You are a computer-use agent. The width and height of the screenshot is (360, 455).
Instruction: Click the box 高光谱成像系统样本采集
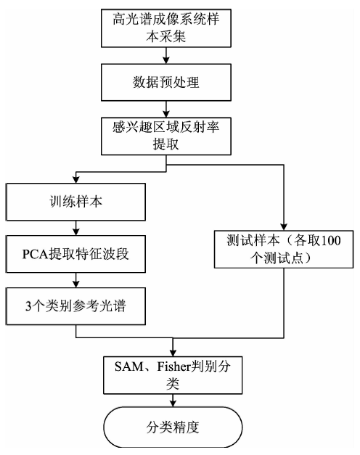166,28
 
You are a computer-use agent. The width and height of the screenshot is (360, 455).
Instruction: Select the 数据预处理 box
166,83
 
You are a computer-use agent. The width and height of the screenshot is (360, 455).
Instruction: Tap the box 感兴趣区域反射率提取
166,136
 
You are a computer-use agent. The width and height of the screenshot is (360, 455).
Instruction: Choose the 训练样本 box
75,202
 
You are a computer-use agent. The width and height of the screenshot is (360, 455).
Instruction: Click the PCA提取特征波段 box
75,254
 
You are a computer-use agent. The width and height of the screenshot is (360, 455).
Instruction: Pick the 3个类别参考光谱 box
75,306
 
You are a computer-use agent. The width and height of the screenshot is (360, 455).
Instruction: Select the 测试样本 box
284,249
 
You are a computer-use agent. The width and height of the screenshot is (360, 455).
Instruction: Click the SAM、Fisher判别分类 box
173,375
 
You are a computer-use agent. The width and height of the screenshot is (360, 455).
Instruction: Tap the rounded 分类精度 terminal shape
173,427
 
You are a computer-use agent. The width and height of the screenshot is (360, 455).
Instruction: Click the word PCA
35,255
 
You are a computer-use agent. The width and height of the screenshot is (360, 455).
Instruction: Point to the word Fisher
173,366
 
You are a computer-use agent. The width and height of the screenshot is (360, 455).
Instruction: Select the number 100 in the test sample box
330,241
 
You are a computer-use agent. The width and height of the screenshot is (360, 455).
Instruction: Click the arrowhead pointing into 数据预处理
166,60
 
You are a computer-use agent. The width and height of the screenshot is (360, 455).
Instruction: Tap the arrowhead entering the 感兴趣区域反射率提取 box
166,114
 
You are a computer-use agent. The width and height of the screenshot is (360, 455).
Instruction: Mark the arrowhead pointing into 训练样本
75,180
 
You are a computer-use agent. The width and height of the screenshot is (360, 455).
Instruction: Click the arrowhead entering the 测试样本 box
284,227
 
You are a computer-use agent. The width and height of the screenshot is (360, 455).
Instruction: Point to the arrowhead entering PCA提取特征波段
75,231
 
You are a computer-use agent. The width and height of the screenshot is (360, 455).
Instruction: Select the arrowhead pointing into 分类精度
173,403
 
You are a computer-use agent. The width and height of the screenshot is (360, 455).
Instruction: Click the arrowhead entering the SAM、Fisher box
173,353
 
